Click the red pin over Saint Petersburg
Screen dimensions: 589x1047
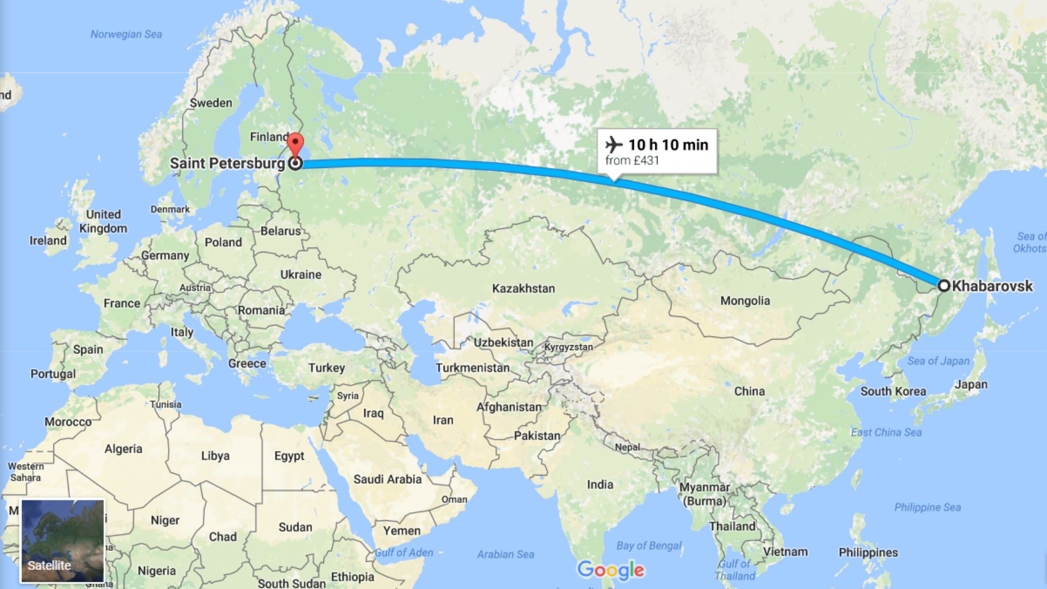[295, 144]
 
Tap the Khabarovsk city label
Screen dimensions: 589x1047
[992, 286]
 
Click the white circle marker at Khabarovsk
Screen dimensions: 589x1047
[944, 285]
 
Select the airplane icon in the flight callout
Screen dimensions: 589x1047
[614, 145]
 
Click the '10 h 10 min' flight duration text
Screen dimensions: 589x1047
[668, 145]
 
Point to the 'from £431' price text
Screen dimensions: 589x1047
[632, 161]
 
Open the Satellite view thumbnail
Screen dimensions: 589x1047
[62, 540]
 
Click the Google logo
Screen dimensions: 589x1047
[611, 570]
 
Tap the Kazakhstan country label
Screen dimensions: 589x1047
[523, 289]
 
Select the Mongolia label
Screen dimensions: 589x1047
[745, 300]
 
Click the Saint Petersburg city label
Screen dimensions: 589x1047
[227, 163]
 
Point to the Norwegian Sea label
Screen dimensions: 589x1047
[126, 34]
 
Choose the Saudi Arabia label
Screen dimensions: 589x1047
[387, 479]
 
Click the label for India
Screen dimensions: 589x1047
[600, 484]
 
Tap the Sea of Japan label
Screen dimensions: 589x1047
[938, 361]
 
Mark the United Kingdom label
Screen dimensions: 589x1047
[103, 221]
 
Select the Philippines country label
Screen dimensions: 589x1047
[868, 552]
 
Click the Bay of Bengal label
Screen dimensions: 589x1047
[648, 545]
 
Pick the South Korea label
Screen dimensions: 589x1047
[893, 391]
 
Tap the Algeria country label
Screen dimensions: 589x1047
[123, 449]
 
